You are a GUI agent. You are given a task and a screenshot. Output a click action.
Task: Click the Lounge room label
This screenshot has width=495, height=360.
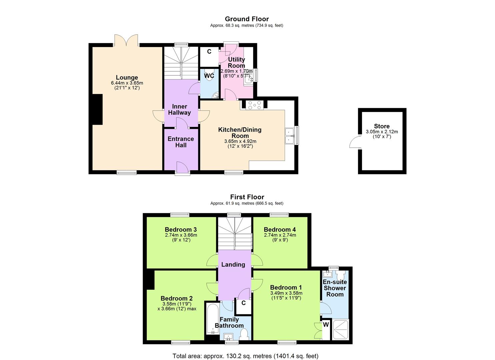[127, 78]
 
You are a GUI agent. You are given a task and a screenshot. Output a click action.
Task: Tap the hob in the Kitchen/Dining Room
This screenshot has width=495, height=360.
[254, 105]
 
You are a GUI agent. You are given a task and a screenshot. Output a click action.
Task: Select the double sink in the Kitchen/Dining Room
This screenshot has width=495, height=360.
[289, 136]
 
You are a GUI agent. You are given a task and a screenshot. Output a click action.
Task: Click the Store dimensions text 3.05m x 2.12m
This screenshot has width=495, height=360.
[382, 132]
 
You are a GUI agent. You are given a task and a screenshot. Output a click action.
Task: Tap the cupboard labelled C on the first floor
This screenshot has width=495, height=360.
[243, 303]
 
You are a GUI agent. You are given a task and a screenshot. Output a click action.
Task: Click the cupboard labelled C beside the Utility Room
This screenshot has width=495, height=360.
[209, 52]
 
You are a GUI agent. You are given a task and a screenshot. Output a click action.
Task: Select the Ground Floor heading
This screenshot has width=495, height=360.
[247, 19]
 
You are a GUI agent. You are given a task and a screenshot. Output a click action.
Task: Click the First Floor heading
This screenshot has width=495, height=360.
[247, 197]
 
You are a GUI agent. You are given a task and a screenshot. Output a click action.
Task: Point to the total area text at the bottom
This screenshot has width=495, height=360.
[245, 356]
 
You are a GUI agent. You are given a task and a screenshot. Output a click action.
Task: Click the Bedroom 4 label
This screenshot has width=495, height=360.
[280, 229]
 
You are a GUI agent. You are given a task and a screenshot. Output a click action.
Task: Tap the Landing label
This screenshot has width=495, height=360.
[233, 264]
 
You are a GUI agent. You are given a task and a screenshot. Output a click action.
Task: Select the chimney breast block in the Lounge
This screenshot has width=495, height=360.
[97, 109]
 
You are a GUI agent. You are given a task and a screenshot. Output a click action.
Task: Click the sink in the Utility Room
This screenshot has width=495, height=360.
[247, 79]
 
